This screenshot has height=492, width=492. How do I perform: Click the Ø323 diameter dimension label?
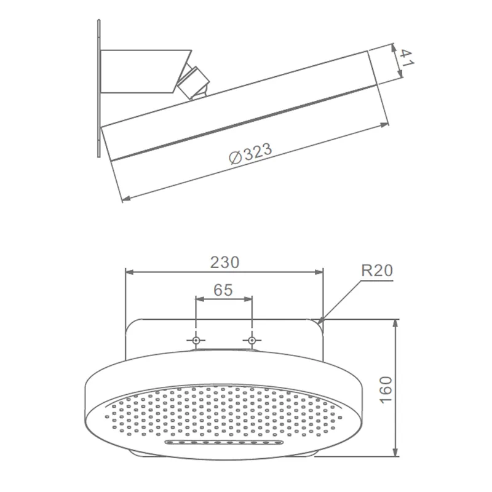[250, 153]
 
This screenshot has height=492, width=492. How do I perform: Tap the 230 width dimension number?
[224, 263]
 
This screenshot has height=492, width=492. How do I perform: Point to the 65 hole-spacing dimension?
[223, 290]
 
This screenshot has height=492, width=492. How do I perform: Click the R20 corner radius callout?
[377, 271]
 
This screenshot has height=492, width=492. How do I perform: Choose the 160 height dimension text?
[386, 389]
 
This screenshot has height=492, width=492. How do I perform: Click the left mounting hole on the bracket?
[196, 340]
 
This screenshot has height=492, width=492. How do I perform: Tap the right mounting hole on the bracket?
[252, 340]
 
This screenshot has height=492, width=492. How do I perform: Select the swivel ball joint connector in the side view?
[192, 81]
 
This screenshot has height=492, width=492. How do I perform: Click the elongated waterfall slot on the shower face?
[223, 442]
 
